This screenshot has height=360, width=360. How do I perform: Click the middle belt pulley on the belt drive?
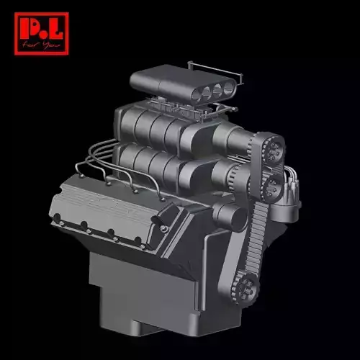tap(274, 189)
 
